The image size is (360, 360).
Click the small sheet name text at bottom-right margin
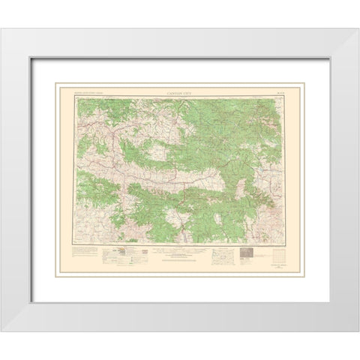[x=278, y=276]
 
